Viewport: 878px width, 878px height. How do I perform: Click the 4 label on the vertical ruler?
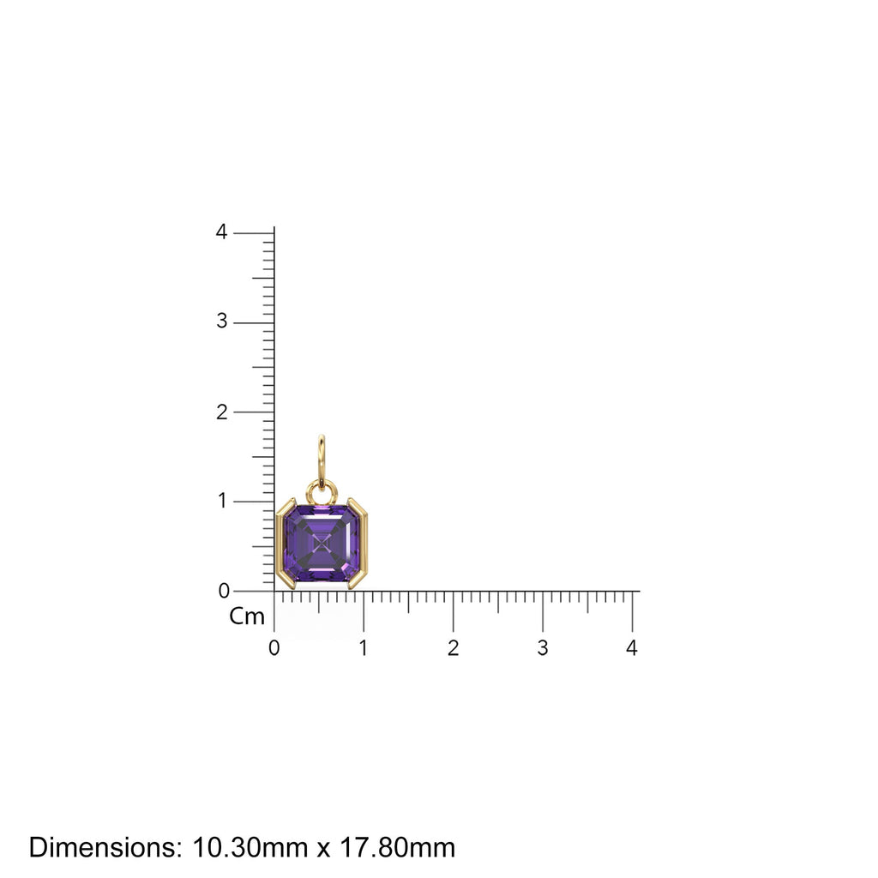222,232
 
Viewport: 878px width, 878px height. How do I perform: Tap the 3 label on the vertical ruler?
222,322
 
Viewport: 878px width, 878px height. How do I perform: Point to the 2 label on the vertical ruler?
222,412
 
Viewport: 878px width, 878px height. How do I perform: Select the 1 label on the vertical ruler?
222,501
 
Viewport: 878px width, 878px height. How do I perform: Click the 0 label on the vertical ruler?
222,591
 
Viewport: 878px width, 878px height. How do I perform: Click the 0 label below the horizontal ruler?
274,648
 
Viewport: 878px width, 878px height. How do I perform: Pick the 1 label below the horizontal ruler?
364,648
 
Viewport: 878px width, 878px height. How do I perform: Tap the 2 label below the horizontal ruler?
453,648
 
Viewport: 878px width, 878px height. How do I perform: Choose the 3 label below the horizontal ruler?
543,648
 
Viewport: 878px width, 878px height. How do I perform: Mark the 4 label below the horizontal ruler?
632,648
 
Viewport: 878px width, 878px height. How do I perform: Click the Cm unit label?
247,616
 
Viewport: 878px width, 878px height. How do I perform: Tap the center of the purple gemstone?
322,544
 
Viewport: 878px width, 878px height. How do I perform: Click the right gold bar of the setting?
361,544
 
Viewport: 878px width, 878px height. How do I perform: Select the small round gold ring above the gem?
322,492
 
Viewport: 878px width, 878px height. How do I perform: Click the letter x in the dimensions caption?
323,850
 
